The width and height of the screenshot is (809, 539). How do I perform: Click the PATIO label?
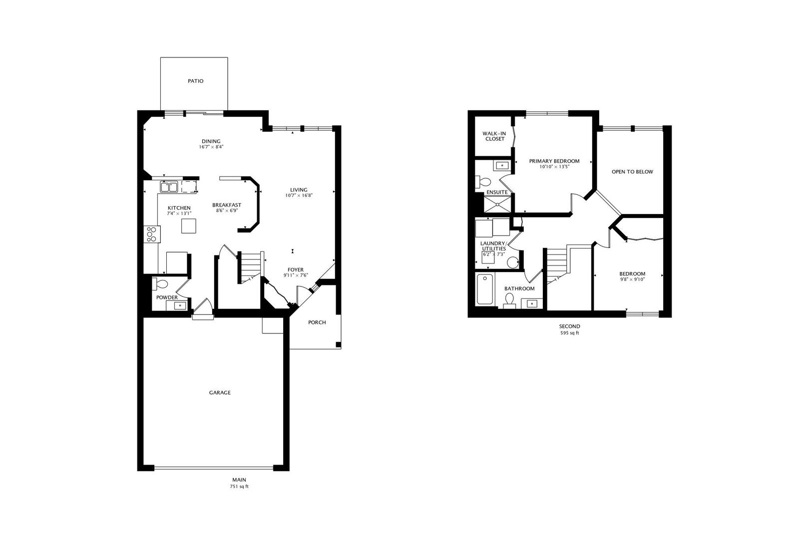195,81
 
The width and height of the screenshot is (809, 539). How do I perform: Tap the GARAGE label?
220,393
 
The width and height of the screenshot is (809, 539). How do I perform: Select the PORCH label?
317,322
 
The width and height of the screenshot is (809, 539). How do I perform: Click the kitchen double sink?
169,187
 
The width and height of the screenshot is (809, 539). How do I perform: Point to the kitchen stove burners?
152,234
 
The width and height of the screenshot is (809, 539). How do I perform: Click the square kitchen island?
189,226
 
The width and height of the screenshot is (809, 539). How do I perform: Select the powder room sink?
180,305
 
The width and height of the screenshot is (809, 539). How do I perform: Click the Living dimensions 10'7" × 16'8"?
299,195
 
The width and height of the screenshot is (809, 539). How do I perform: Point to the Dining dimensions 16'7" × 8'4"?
211,147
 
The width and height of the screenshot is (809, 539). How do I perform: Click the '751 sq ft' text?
239,486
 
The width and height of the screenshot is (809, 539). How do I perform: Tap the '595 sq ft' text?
570,333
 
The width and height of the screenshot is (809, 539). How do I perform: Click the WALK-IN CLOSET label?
495,136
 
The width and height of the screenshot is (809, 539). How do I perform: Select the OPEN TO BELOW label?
632,172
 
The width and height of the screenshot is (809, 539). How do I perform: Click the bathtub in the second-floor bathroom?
485,289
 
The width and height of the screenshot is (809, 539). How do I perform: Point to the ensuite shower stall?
498,204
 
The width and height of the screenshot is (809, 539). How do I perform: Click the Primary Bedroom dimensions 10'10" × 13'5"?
554,167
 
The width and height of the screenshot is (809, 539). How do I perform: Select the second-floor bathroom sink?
532,303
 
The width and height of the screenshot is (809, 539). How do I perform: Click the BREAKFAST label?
226,205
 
